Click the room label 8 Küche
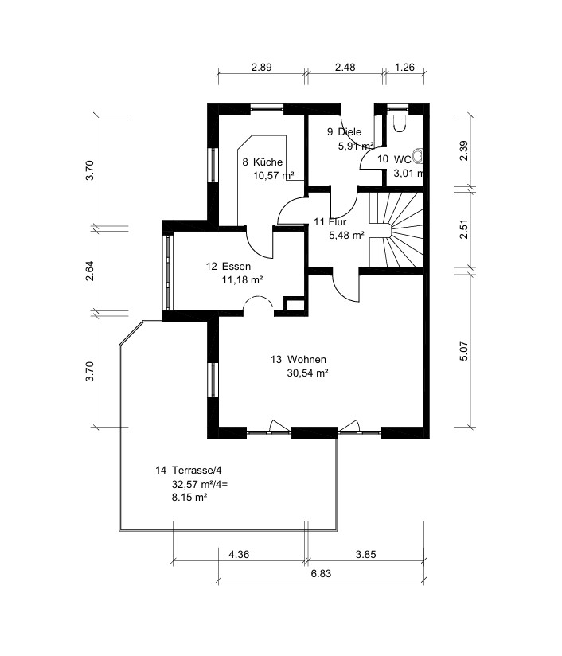click(x=263, y=162)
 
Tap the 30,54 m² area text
click(x=307, y=373)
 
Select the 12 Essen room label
click(x=228, y=267)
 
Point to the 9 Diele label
click(x=344, y=132)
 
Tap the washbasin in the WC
click(x=419, y=156)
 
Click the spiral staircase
click(x=396, y=229)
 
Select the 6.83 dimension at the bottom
click(x=321, y=573)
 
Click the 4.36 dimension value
click(x=239, y=554)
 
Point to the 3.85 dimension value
click(x=365, y=554)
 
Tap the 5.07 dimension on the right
click(x=464, y=351)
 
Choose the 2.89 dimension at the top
click(x=262, y=67)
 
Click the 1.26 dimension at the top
click(x=404, y=67)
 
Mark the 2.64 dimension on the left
click(x=89, y=271)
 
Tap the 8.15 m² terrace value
click(x=189, y=498)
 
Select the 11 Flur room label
click(x=330, y=222)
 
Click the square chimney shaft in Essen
click(x=295, y=305)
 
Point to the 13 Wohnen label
click(x=299, y=359)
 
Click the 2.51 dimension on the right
click(x=464, y=228)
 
